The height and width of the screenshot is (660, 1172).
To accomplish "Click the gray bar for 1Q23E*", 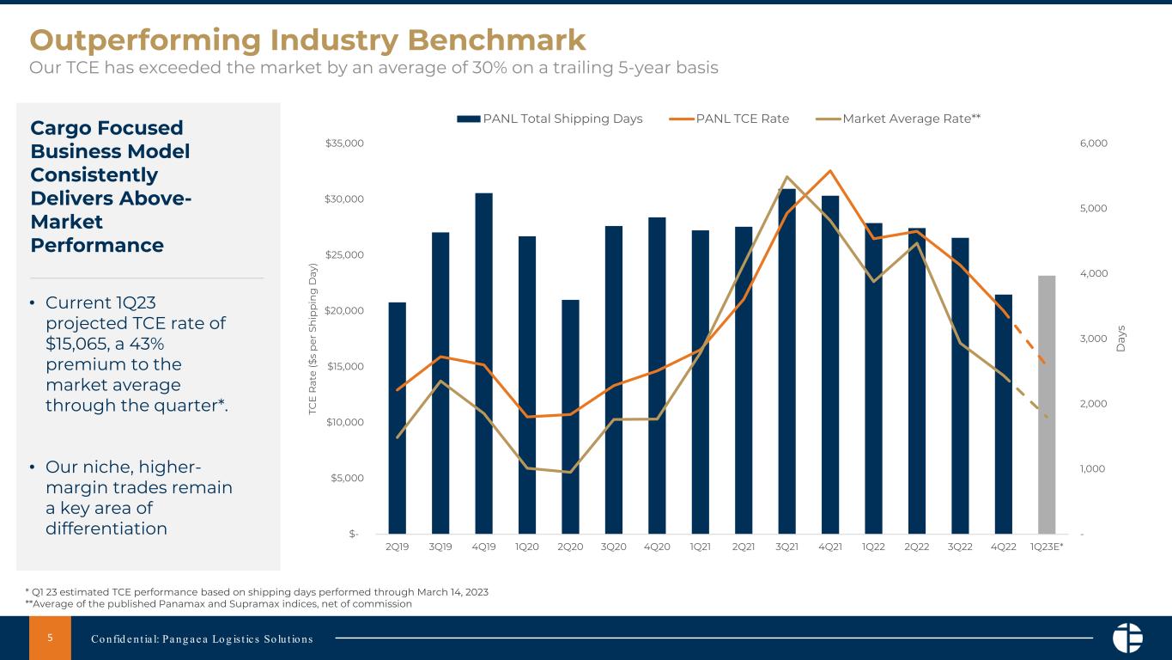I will click(x=1047, y=404).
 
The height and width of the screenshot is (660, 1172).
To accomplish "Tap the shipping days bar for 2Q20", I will click(x=570, y=416).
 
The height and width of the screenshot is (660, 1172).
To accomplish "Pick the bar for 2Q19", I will click(x=397, y=418).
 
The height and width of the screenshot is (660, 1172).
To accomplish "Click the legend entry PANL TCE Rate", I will click(x=742, y=119).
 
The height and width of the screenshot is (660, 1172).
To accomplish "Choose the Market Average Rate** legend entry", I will click(x=912, y=119).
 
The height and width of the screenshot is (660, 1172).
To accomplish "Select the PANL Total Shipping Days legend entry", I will click(x=562, y=119).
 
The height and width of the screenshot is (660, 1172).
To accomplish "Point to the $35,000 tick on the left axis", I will click(x=344, y=144).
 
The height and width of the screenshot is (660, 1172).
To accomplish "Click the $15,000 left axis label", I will click(x=344, y=366).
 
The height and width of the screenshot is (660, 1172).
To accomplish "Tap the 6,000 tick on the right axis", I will click(x=1093, y=144).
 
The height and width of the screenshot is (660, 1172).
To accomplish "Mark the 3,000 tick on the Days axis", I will click(x=1093, y=339).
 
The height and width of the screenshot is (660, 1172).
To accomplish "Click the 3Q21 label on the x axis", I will click(x=786, y=547).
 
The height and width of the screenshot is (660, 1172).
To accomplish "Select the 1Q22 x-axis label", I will click(x=873, y=547).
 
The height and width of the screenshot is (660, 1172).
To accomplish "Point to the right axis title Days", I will click(x=1122, y=338).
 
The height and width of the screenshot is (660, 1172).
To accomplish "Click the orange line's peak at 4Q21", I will click(x=829, y=170).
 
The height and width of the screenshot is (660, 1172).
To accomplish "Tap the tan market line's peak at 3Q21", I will click(x=786, y=177).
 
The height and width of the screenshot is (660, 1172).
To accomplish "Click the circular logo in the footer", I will click(x=1127, y=638).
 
